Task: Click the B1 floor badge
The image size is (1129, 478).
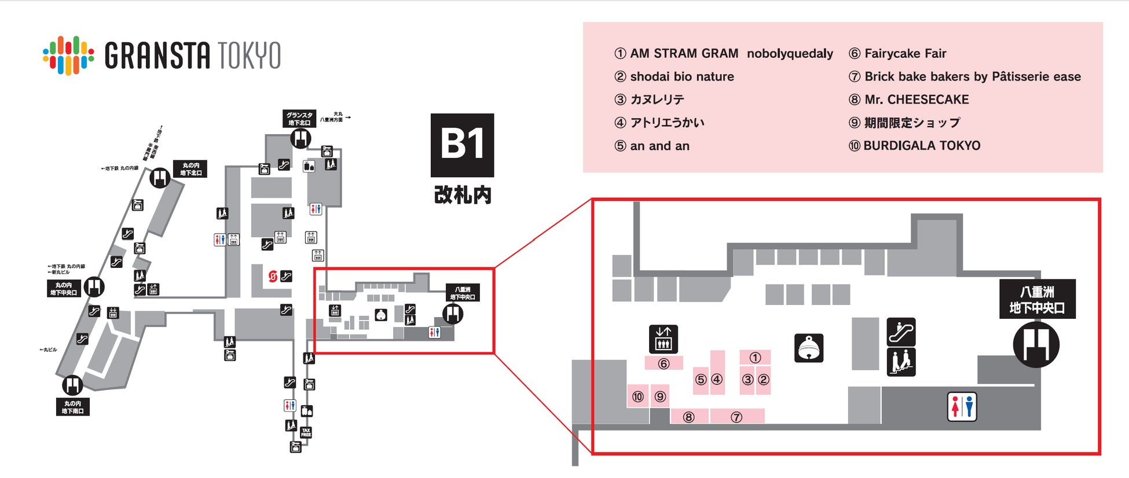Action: (x=462, y=145)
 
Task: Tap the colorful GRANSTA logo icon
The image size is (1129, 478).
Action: (x=68, y=56)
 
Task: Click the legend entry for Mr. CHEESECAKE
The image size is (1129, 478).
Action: (x=909, y=100)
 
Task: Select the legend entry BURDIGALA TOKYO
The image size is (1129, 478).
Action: (x=915, y=146)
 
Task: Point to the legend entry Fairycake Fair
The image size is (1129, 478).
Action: (x=897, y=54)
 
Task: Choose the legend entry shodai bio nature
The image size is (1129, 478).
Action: (x=675, y=77)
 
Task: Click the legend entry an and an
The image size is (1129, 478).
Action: (x=652, y=146)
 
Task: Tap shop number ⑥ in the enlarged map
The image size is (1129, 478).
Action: (x=664, y=363)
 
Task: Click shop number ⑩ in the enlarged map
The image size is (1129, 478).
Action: (x=637, y=396)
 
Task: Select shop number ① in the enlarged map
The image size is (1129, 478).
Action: (x=754, y=358)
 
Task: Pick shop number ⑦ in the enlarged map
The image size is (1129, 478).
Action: (x=736, y=417)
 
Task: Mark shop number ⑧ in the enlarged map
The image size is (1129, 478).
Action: (x=688, y=417)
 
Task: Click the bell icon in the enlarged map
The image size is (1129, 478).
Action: (x=809, y=348)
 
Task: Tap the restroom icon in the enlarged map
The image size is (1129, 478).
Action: (x=962, y=406)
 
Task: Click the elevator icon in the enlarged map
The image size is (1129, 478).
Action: (x=664, y=339)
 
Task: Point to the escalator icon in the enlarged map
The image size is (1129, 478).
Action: (x=901, y=332)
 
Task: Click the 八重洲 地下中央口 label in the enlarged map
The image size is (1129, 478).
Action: (x=1037, y=299)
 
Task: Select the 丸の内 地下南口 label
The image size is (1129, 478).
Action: (x=73, y=407)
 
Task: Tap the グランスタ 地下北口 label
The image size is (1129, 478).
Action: (x=299, y=119)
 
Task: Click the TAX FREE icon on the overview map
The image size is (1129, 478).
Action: (x=306, y=432)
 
